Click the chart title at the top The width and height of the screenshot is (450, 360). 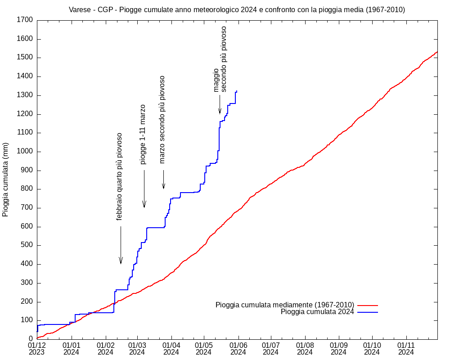[x=237, y=10]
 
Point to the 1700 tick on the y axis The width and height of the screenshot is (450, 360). [x=25, y=20]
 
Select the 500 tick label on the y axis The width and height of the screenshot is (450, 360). [x=27, y=246]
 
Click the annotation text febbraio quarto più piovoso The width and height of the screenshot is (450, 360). [x=119, y=176]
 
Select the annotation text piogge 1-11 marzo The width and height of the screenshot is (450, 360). [x=143, y=134]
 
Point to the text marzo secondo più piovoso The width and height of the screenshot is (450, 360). [x=162, y=119]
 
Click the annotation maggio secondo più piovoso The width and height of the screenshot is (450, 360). [x=220, y=59]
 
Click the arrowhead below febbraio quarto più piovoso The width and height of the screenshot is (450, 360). [x=121, y=262]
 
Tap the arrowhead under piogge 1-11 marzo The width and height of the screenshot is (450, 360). [x=144, y=205]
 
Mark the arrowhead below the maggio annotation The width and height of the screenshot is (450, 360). [x=220, y=112]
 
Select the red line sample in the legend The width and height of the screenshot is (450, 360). [x=368, y=305]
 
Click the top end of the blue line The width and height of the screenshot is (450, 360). [x=237, y=91]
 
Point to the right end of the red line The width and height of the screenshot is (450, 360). [x=437, y=52]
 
